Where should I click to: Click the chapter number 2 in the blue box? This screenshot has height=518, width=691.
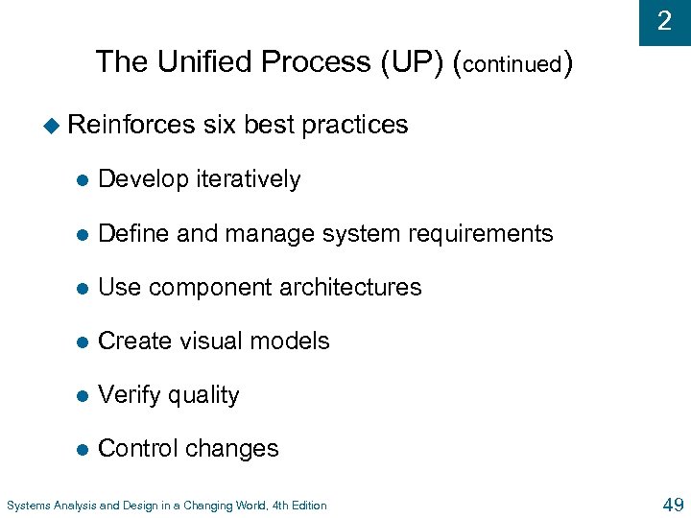coord(664,21)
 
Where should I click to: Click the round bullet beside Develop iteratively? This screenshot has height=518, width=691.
coord(83,180)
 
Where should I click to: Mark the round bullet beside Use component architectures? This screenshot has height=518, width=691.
coord(83,288)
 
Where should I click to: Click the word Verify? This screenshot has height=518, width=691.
coord(129,394)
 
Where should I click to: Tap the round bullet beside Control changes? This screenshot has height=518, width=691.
coord(83,449)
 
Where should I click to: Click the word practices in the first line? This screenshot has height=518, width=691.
coord(355,125)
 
